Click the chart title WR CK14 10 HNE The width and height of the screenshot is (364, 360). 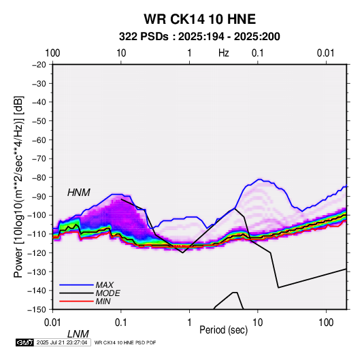point(199,19)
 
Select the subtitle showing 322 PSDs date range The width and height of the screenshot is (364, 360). point(199,37)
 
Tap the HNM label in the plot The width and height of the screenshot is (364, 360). point(79,193)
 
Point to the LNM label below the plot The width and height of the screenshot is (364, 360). point(78,334)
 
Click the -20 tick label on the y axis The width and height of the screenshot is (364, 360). point(39,65)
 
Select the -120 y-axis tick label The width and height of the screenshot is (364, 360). point(37,252)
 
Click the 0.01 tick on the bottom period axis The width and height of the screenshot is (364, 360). point(52,323)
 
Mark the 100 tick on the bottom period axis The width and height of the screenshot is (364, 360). point(326,323)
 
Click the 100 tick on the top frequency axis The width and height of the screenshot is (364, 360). point(52,53)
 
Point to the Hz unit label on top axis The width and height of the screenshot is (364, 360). point(224,53)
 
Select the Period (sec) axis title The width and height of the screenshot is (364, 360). point(224,330)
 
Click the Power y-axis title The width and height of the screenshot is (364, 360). point(18,186)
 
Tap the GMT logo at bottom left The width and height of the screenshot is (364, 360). point(25,342)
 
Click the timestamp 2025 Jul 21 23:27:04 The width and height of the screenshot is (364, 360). point(62,342)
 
